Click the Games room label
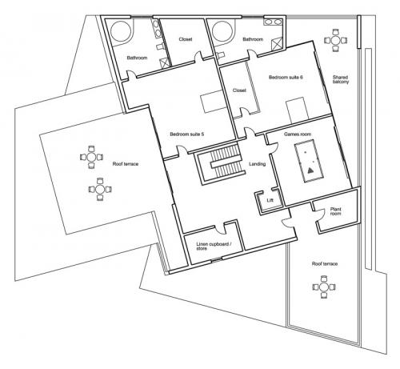pos(298,134)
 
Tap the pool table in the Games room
pos(310,162)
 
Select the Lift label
pos(270,200)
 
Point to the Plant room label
pos(335,211)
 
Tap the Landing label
pos(257,164)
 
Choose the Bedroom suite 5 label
pos(187,134)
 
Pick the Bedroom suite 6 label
pos(286,78)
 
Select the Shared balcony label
pos(341,79)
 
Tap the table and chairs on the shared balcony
pos(336,40)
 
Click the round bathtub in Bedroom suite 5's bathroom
pos(121,31)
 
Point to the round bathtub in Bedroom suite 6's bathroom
pos(223,31)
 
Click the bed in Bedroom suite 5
pos(213,102)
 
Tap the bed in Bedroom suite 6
pos(298,110)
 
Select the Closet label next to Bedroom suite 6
pos(239,90)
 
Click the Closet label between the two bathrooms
pos(186,39)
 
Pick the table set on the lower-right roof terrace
pos(324,287)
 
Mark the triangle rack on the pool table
pos(310,170)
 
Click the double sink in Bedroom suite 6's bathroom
pos(273,22)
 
